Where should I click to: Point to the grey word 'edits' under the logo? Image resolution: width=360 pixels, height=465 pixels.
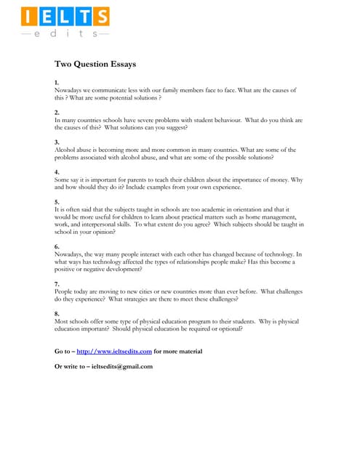(x=64, y=33)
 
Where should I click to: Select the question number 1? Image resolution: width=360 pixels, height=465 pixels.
(x=57, y=83)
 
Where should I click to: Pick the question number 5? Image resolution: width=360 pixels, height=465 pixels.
(x=57, y=201)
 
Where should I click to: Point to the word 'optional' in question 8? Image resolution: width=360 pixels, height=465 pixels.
(x=227, y=328)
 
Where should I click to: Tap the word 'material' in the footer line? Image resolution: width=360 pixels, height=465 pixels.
(x=185, y=351)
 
